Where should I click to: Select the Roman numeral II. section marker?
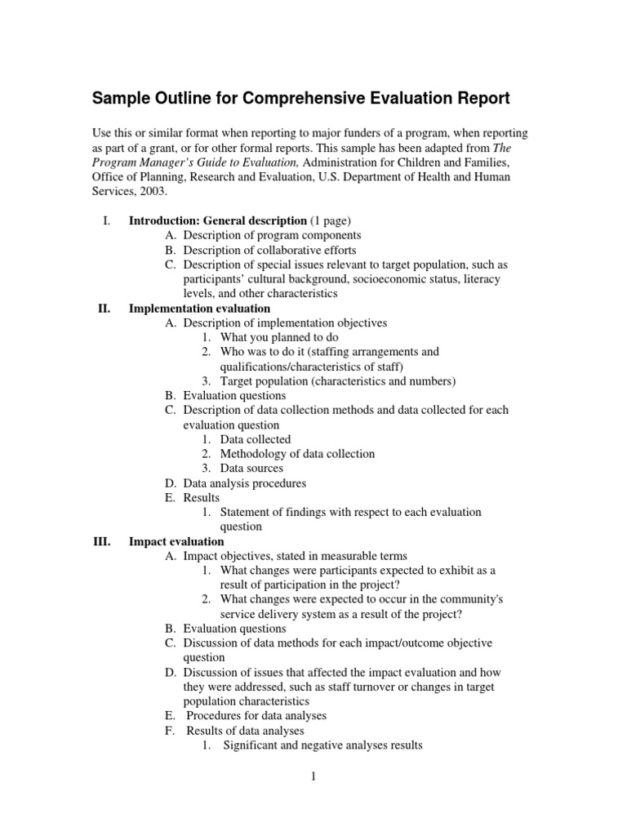[x=104, y=309]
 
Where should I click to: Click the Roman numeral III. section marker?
[x=102, y=541]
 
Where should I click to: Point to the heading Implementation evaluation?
[x=199, y=309]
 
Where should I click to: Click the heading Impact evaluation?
[x=176, y=541]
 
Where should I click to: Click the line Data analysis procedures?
[x=245, y=483]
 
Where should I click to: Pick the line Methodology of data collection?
[x=297, y=454]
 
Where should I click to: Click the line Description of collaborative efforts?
[x=269, y=250]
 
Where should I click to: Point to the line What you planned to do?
[x=278, y=337]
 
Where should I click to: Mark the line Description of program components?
[x=272, y=235]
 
